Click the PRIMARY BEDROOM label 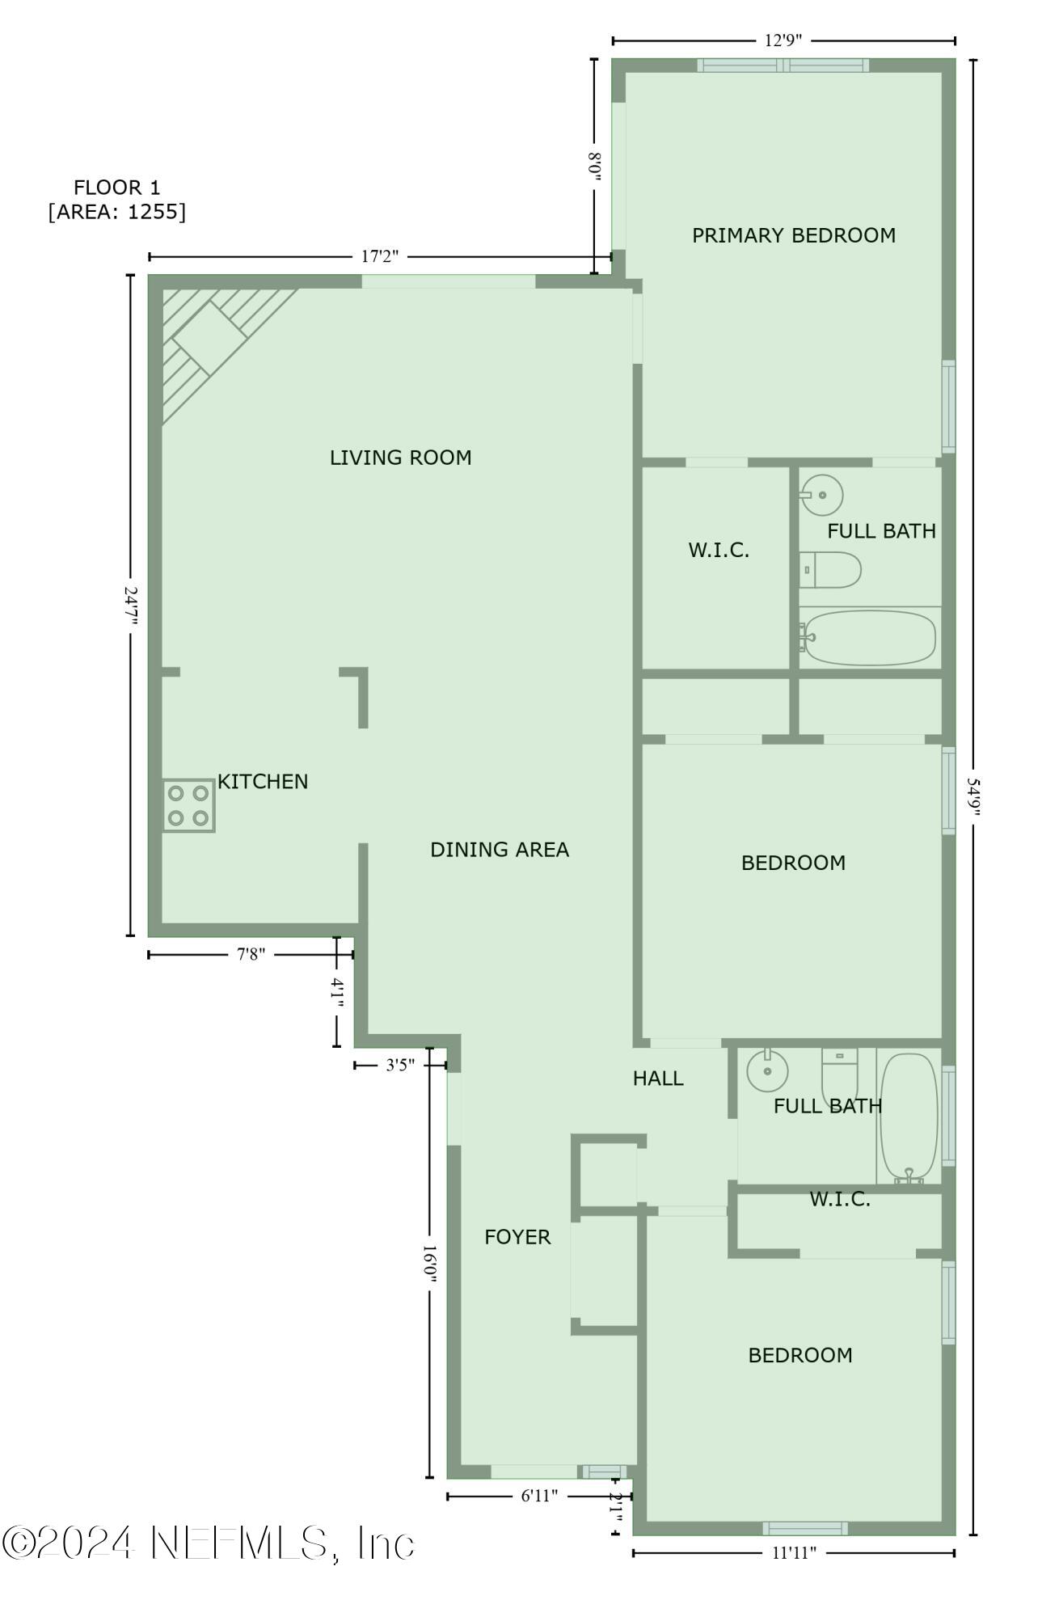[793, 235]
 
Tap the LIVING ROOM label [400, 458]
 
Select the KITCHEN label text [263, 782]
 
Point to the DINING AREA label [499, 850]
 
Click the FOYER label [517, 1237]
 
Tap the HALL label [658, 1078]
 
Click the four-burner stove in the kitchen [188, 805]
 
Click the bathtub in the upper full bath [869, 637]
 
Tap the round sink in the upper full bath [822, 494]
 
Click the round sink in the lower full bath [767, 1071]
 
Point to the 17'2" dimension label [380, 257]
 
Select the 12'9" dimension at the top [783, 40]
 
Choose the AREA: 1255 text [117, 212]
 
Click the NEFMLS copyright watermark [209, 1543]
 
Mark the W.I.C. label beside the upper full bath [719, 551]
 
